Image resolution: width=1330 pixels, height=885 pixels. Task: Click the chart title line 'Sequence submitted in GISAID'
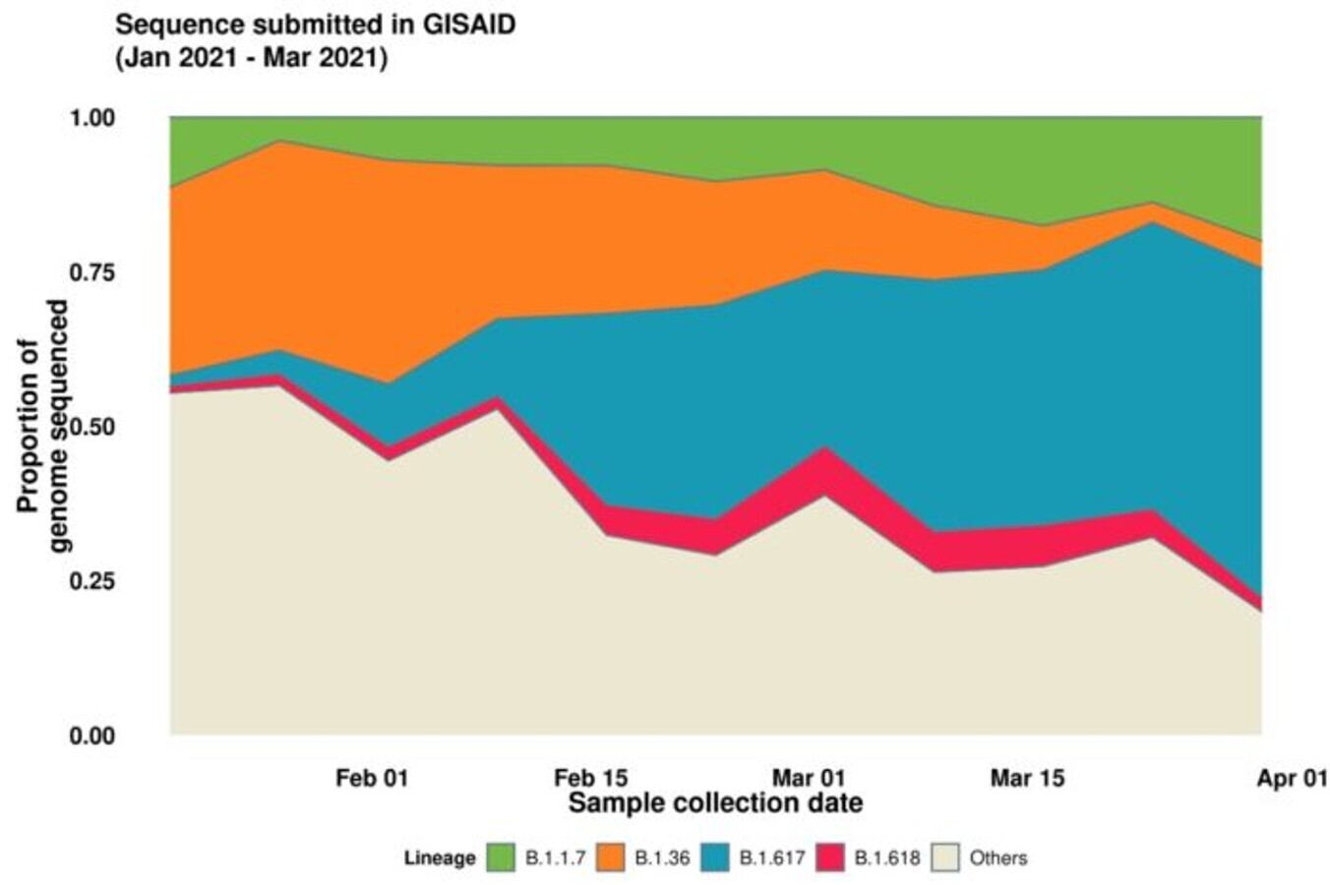coord(315,25)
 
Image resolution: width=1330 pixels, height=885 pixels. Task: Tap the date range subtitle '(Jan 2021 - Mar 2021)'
coord(252,58)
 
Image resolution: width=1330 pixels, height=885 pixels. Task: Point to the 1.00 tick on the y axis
coord(92,118)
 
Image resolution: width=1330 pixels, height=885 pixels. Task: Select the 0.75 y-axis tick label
coord(92,272)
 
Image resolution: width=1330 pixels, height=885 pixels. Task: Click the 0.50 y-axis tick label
coord(92,427)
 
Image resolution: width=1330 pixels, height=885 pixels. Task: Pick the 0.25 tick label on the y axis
coord(92,581)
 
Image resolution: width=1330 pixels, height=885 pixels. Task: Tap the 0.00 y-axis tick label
coord(92,736)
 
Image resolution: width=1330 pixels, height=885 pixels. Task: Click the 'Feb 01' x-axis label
coord(371,778)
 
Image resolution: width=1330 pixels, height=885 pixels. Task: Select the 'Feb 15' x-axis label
coord(590,778)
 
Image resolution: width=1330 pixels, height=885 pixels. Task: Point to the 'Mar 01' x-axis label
coord(809,778)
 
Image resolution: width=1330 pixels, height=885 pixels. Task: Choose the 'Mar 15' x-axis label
coord(1027,778)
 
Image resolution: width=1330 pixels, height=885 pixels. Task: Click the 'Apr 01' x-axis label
coord(1292,778)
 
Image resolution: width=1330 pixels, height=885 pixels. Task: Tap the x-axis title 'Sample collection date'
coord(715,803)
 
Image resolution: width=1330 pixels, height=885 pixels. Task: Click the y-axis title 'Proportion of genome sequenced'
coord(44,426)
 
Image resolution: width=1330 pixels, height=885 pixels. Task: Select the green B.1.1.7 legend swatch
coord(501,857)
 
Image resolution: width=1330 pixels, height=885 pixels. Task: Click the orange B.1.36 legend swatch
coord(610,857)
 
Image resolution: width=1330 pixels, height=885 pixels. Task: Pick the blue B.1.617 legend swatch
coord(716,857)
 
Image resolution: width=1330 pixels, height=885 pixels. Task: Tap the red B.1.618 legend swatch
coord(830,857)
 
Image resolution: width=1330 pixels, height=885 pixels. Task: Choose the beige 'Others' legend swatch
coord(944,857)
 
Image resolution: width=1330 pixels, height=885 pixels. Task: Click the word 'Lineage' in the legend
coord(440,857)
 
